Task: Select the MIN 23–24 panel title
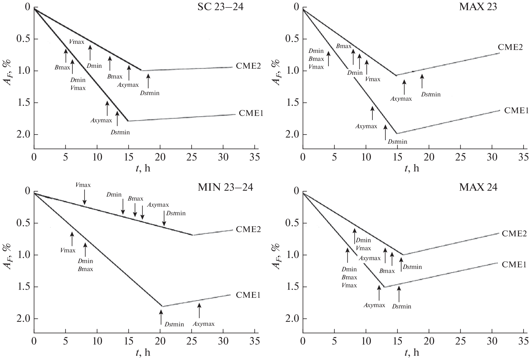225,187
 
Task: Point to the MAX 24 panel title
478,187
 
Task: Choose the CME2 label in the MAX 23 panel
510,47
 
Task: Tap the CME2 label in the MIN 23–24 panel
248,229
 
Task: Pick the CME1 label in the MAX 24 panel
514,264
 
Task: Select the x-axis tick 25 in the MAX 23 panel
461,157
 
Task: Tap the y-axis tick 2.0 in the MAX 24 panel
293,319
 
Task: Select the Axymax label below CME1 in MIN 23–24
203,324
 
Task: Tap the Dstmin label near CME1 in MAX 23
397,142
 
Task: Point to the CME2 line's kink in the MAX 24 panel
403,255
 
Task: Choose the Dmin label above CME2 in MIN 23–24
114,195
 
